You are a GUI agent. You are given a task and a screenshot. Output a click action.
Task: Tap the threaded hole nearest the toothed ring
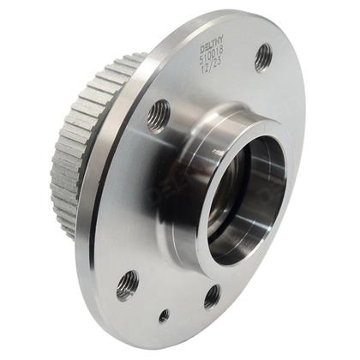(x=158, y=115)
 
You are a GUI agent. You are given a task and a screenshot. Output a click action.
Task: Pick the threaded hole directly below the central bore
(x=212, y=295)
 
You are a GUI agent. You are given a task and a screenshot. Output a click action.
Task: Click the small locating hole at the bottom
(x=164, y=315)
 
